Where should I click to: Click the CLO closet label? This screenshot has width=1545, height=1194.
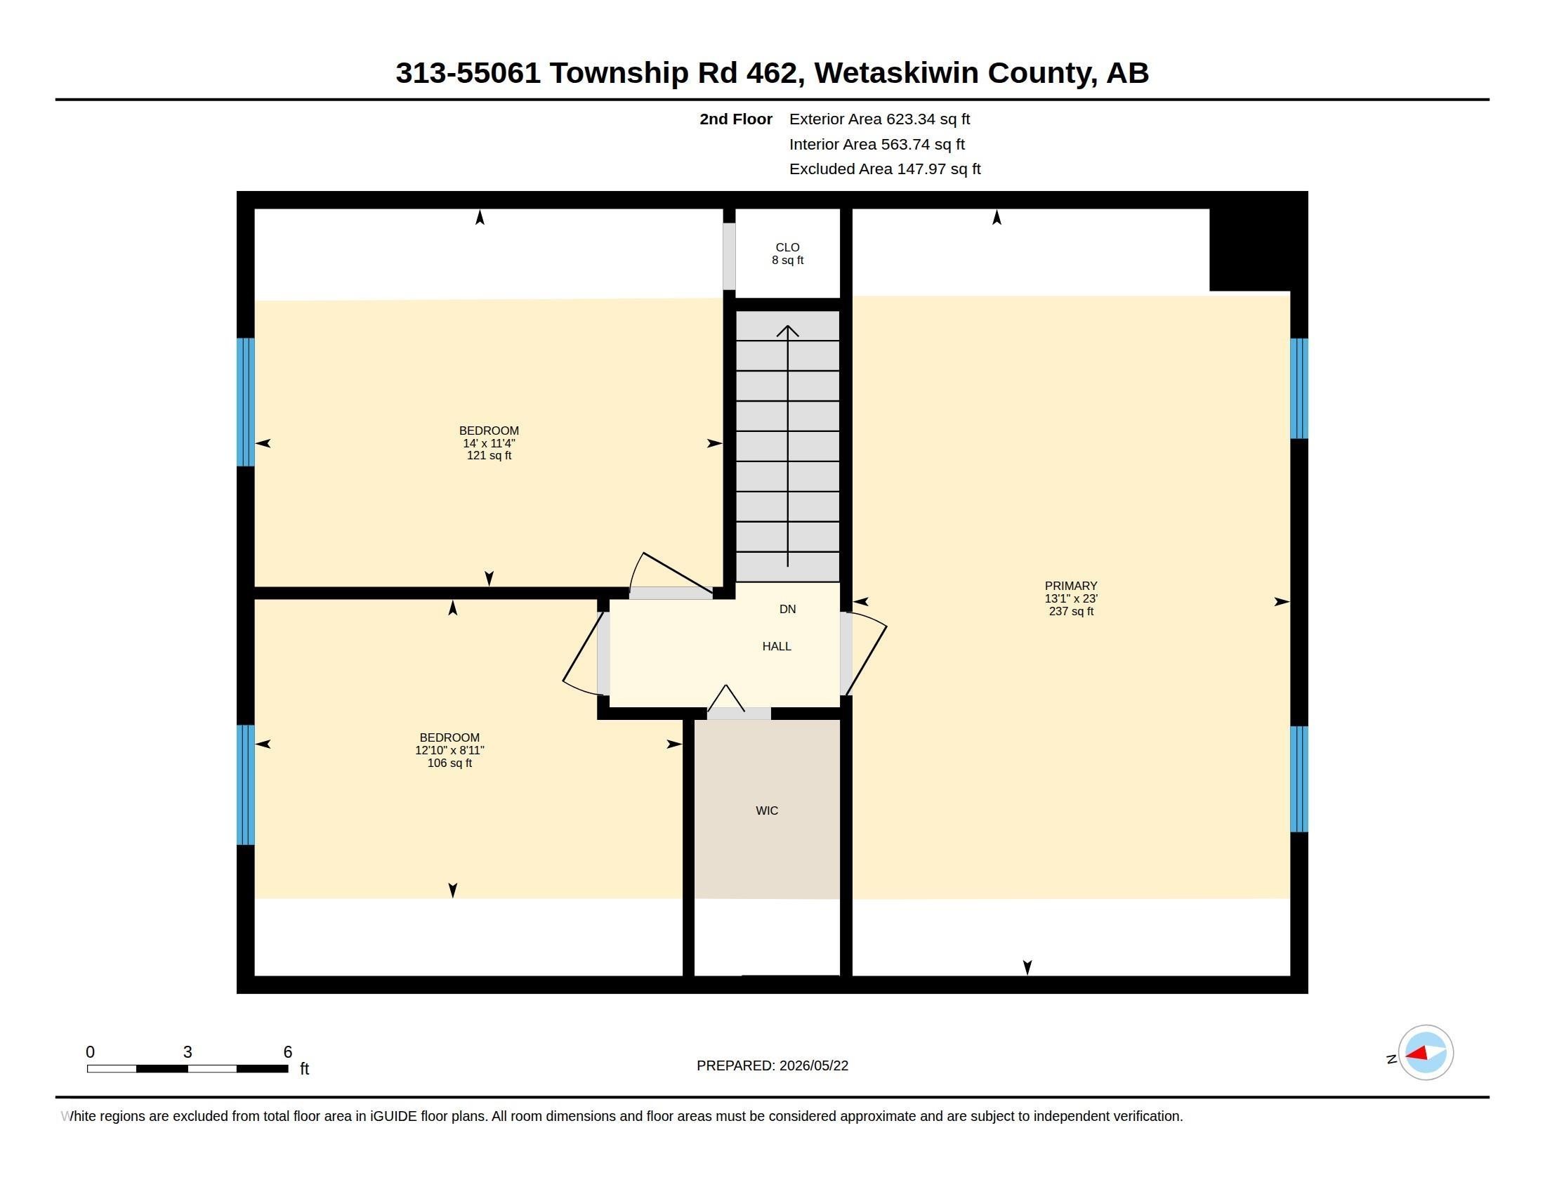pos(787,247)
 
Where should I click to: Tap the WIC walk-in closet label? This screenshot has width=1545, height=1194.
pos(767,811)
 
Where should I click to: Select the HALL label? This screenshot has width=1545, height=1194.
pos(777,646)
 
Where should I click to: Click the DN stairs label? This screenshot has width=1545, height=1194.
pos(787,609)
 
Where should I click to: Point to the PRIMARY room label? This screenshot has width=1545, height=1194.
pos(1071,586)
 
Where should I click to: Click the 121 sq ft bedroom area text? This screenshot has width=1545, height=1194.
pos(489,456)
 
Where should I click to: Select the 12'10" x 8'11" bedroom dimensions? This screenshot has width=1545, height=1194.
pos(450,751)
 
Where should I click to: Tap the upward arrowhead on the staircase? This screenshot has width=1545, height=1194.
pos(787,330)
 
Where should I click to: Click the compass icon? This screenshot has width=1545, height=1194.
pos(1426,1053)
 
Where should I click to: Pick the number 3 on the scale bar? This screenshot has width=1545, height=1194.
pos(188,1052)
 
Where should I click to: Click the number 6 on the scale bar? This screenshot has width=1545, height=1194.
pos(288,1052)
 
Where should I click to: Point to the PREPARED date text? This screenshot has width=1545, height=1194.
pos(772,1065)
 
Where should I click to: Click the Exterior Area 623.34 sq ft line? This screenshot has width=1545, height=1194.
pos(879,119)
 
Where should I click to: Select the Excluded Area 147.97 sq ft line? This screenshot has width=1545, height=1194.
pos(885,169)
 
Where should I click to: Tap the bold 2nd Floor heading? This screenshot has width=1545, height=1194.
pos(736,119)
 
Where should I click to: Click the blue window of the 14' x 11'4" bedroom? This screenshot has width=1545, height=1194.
pos(246,402)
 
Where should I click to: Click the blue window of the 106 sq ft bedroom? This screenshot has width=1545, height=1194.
pos(246,785)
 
